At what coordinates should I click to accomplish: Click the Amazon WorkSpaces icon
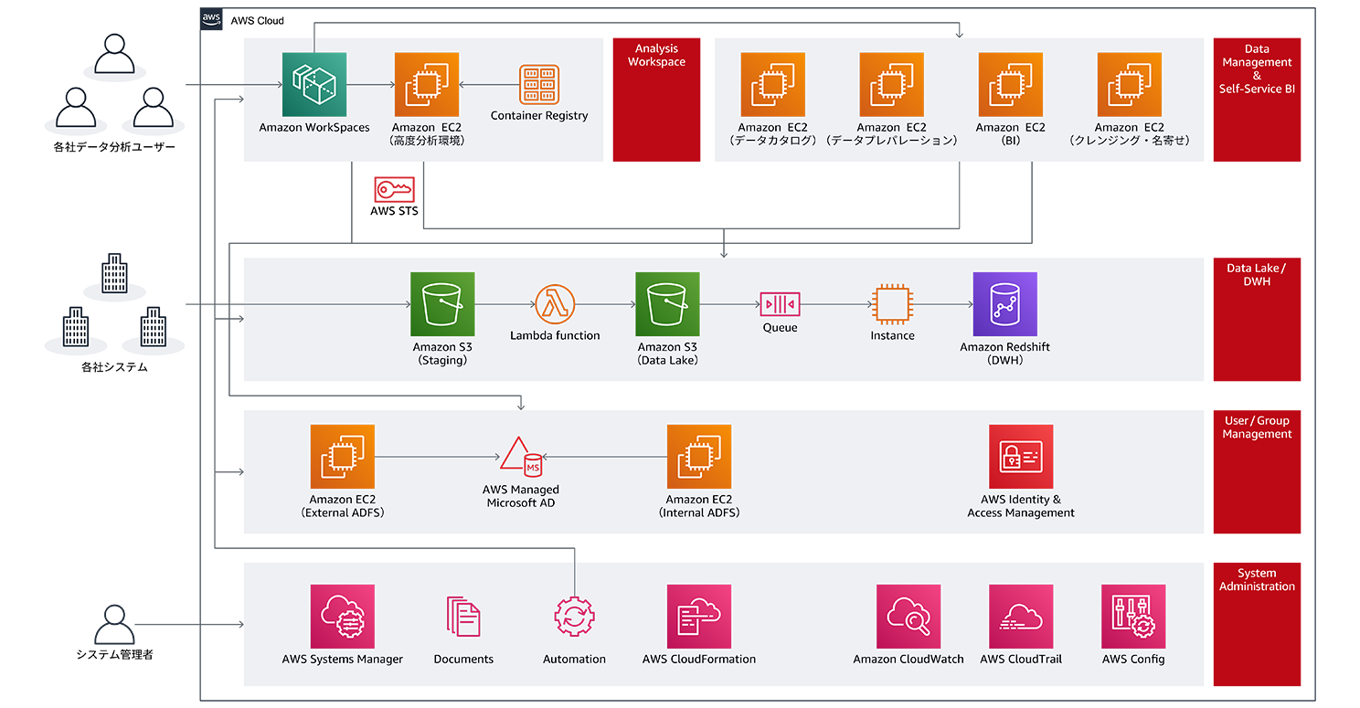pos(314,84)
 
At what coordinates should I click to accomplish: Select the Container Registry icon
pos(539,84)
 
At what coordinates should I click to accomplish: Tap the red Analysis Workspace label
pos(656,56)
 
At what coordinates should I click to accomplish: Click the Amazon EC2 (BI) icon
pos(1010,84)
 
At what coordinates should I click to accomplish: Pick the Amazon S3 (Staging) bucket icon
pos(442,303)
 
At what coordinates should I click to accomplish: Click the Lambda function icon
pos(555,303)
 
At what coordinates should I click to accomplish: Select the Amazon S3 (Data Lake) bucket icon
pos(667,303)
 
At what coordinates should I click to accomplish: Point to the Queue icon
pos(780,303)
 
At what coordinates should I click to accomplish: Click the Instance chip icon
pos(892,303)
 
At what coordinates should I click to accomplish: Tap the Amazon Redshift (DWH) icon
pos(1005,303)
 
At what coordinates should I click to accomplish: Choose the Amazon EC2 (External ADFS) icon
pos(343,456)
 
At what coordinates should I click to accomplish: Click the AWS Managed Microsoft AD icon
pos(521,457)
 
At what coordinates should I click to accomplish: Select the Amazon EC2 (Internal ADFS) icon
pos(699,456)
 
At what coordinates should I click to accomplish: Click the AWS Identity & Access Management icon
pos(1021,456)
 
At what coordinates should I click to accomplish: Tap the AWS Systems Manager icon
pos(343,617)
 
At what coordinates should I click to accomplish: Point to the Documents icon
pos(463,617)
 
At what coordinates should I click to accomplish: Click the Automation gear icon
pos(575,617)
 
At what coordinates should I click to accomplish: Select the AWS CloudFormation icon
pos(699,617)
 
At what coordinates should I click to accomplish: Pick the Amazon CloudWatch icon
pos(908,617)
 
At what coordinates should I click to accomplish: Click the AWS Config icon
pos(1133,617)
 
